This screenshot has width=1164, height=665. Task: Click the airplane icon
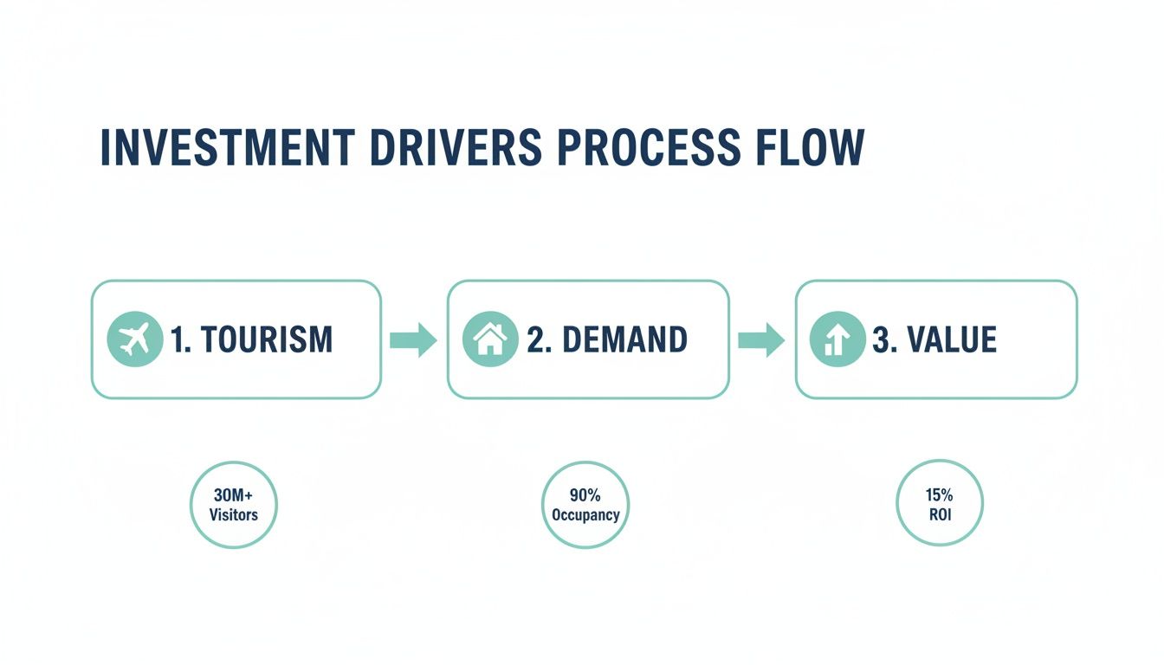tap(134, 339)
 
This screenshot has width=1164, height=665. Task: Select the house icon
tap(490, 339)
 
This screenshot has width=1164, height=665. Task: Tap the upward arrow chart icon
tap(837, 339)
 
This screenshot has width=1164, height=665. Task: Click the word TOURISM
tap(266, 340)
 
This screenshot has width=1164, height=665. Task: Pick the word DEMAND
tap(624, 340)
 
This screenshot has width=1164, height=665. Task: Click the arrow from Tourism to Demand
tap(413, 340)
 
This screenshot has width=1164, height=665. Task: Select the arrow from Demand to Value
tap(761, 340)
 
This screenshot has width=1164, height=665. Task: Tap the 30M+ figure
tap(233, 495)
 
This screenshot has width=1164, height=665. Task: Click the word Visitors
tap(233, 514)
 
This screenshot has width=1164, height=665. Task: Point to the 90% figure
tap(585, 495)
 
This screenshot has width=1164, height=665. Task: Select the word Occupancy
tap(585, 514)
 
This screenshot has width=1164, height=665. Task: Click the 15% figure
tap(939, 495)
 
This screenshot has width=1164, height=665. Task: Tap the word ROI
tap(939, 514)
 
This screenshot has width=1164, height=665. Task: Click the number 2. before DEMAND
tap(540, 340)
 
